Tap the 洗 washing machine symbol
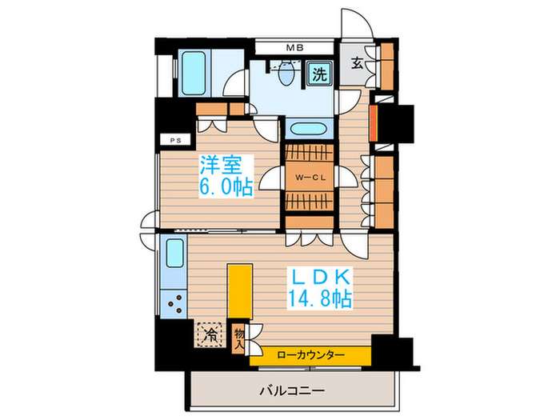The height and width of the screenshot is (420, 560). [x=318, y=75]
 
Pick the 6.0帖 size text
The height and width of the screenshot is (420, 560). [x=226, y=188]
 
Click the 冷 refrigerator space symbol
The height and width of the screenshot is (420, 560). [x=210, y=334]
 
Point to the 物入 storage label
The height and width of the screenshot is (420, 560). [x=238, y=338]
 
